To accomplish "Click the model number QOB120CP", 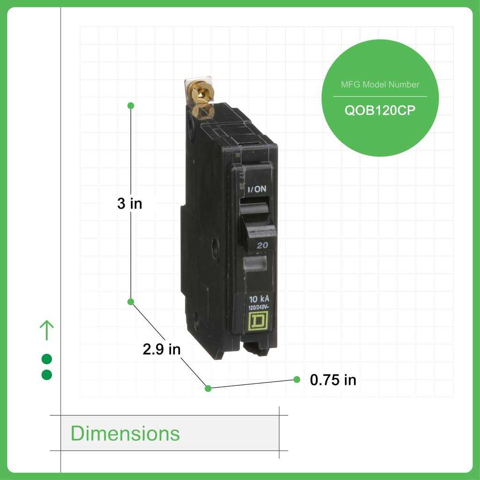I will coord(380,112).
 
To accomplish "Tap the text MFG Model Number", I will coord(380,85).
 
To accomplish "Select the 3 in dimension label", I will coord(129,203).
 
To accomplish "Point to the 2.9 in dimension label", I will coord(161,349).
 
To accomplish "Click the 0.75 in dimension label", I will coord(333,380).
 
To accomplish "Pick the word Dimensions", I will coord(125,434).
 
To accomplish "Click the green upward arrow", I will coord(47,330).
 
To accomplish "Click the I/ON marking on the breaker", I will coord(256,188).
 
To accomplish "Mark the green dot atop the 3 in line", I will coord(131,105).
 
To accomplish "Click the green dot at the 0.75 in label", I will coord(297,379).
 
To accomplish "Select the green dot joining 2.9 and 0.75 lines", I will coord(208,388).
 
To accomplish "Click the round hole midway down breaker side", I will coord(214,244).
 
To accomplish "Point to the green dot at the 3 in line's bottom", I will coord(131,301).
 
